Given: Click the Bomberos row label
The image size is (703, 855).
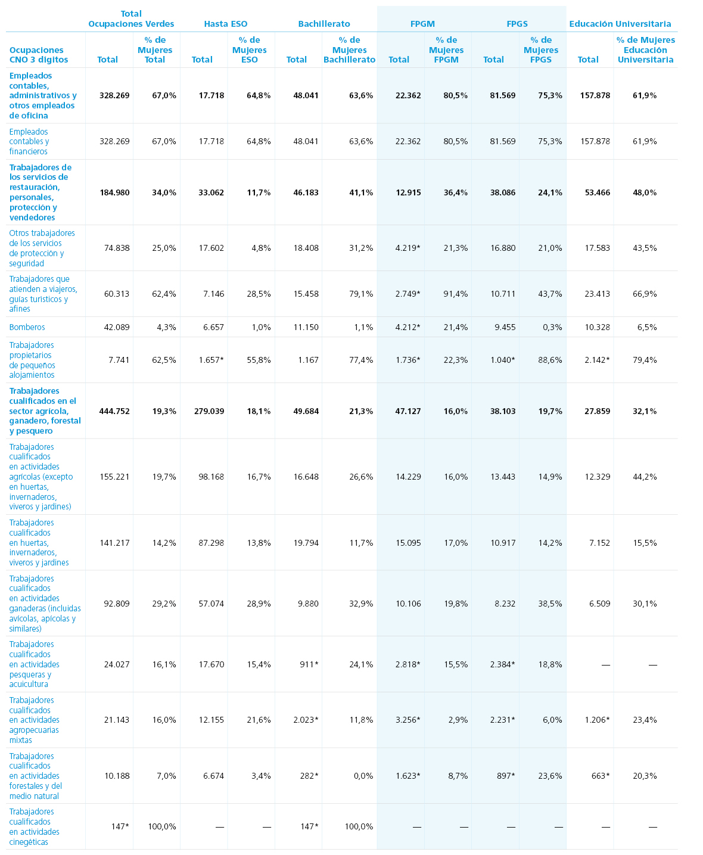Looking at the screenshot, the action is [27, 327].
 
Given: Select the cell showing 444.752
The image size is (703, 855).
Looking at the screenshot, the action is [114, 411].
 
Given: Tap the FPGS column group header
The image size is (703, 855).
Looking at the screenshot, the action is [517, 24].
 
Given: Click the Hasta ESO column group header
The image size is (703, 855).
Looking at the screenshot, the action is [225, 24].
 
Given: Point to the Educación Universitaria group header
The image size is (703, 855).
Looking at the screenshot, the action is [620, 24].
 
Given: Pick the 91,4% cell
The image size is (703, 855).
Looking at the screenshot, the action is [455, 294].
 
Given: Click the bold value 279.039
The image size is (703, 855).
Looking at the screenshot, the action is [209, 411].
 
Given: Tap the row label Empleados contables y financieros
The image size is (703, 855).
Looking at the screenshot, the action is [29, 141].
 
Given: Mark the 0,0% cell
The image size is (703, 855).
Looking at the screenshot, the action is [363, 776].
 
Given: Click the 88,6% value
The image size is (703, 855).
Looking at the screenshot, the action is [550, 360].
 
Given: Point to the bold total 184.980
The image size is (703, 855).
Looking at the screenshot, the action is [115, 192].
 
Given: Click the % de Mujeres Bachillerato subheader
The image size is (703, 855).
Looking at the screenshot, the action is [349, 50].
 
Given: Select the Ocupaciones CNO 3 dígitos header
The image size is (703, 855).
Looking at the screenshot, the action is [39, 55].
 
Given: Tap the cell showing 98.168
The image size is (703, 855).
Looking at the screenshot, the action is [211, 477].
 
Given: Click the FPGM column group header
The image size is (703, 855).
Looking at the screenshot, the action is [422, 24].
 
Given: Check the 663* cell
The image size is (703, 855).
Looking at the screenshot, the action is [601, 776].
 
